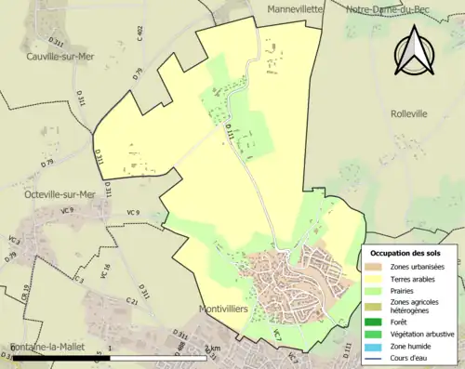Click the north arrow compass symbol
413,51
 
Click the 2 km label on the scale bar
213,349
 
